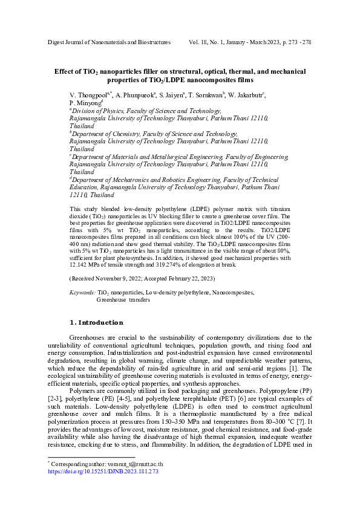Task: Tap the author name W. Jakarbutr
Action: point(246,96)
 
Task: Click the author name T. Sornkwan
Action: point(206,96)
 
